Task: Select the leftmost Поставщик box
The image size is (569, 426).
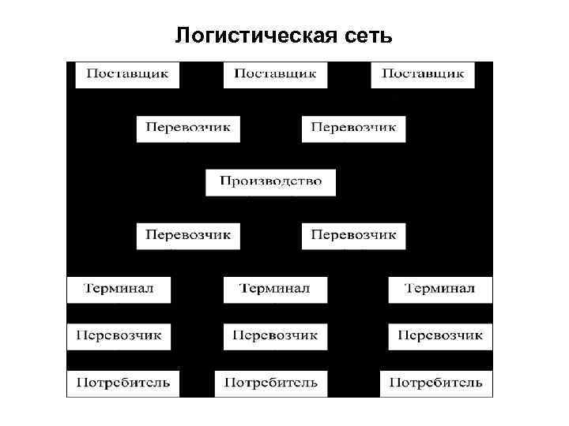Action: (x=126, y=74)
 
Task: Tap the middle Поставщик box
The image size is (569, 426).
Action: (x=275, y=74)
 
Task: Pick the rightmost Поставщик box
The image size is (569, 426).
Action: (x=422, y=74)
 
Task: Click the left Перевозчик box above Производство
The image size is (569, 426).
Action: (x=188, y=128)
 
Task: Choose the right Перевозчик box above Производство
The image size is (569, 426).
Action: (x=353, y=128)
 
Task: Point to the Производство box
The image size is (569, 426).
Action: (x=271, y=181)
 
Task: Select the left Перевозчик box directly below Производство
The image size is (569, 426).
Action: (x=188, y=236)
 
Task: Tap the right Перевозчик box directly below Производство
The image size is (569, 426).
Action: (x=353, y=236)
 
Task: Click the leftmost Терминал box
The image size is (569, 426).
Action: (x=119, y=289)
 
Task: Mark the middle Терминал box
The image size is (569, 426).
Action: (x=274, y=289)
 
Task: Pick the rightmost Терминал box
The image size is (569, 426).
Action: (x=439, y=289)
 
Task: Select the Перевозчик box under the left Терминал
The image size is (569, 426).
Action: (x=119, y=336)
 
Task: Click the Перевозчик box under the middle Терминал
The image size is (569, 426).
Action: (x=274, y=336)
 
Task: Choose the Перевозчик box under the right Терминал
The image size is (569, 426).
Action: (x=439, y=336)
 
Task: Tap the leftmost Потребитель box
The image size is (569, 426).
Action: (x=122, y=383)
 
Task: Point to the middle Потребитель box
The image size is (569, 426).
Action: (x=271, y=383)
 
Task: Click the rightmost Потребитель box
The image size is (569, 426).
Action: (x=435, y=383)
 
